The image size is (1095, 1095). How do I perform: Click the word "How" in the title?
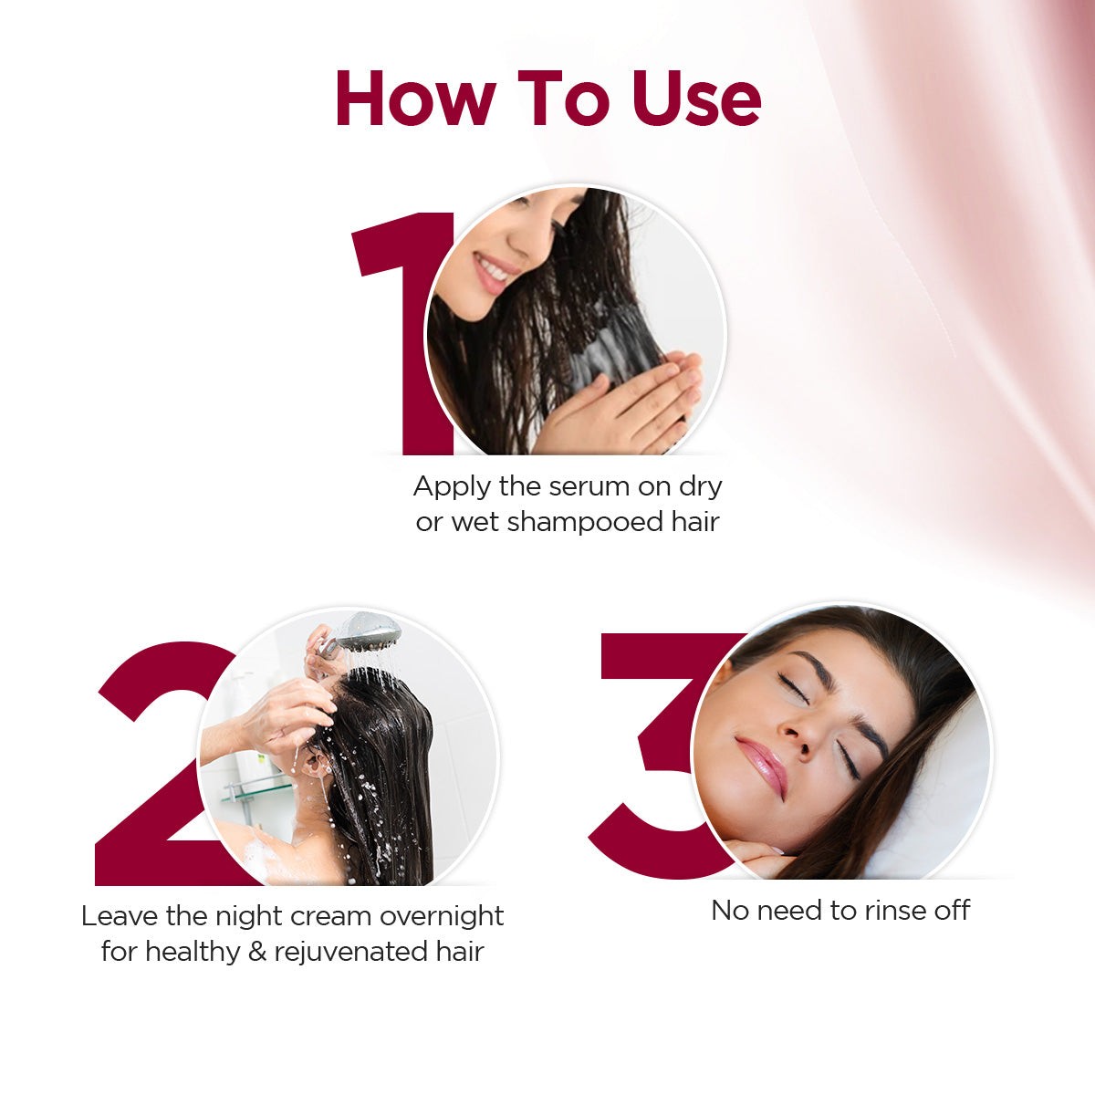point(415,98)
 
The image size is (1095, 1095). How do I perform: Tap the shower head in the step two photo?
point(365,631)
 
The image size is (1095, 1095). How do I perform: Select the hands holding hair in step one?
point(630,401)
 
